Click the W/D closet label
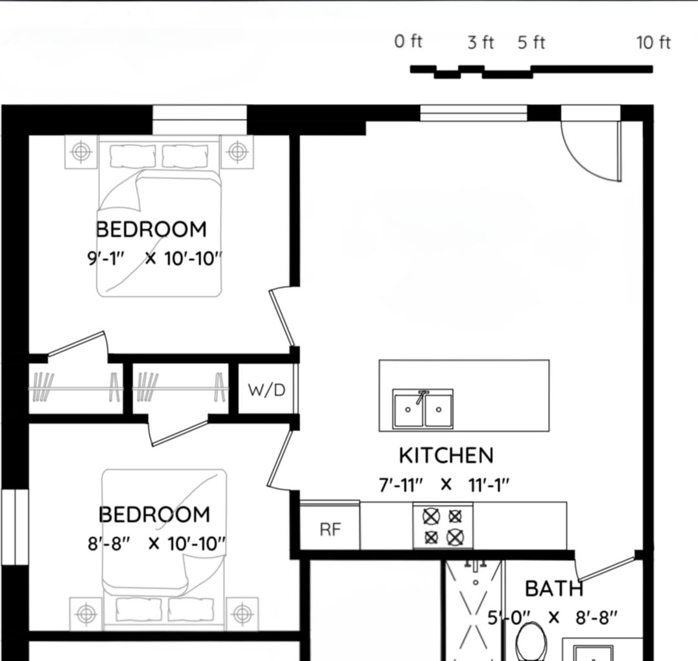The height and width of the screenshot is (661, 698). click(x=267, y=390)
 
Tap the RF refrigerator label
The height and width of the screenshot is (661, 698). click(x=330, y=529)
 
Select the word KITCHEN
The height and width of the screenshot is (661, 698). click(x=447, y=456)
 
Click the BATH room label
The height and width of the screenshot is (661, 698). click(x=554, y=589)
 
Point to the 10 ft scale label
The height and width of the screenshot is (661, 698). click(x=653, y=43)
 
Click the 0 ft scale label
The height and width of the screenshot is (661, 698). click(x=408, y=41)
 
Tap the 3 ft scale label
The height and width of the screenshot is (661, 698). click(x=481, y=43)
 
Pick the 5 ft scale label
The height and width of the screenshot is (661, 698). click(x=531, y=43)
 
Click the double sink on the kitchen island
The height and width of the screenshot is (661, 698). click(x=423, y=408)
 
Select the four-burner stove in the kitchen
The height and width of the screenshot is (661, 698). click(x=443, y=526)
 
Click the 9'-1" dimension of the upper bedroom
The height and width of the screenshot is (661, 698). click(x=106, y=258)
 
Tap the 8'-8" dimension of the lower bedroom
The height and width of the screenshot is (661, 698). click(x=109, y=543)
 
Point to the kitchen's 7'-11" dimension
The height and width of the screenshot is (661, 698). click(x=401, y=485)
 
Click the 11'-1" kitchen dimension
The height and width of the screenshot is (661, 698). click(x=489, y=485)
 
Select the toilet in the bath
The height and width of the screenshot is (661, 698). click(x=531, y=642)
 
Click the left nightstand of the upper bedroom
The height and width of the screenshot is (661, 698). click(x=81, y=152)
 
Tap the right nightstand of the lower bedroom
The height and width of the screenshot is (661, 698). click(x=242, y=614)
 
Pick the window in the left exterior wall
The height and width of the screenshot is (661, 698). click(x=15, y=527)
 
